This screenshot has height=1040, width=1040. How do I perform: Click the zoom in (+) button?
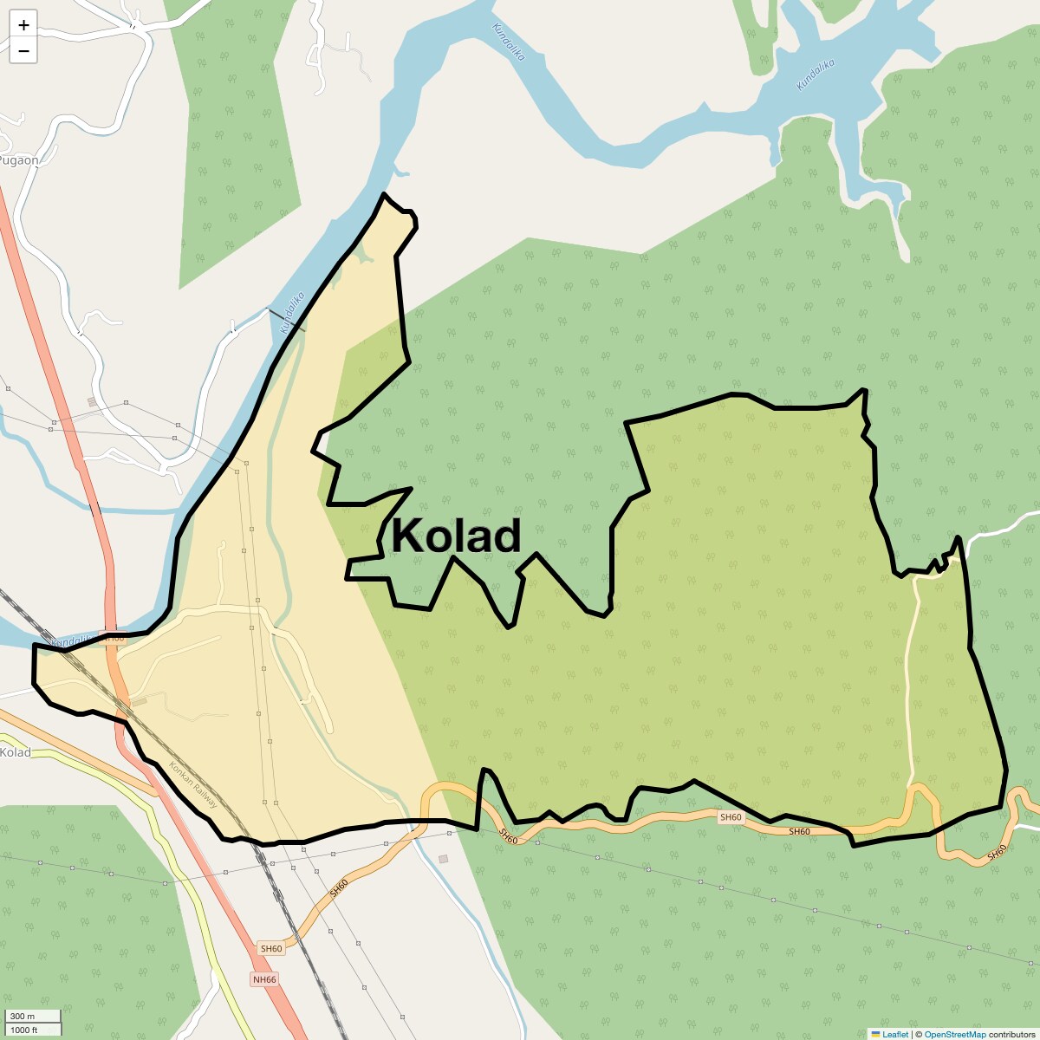pos(23,25)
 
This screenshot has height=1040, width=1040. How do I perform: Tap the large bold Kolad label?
pos(456,536)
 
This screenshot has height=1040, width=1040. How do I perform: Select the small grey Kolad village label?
pos(16,752)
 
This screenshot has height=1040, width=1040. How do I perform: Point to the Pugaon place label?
pos(19,160)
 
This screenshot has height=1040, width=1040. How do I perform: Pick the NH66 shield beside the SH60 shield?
pos(264,979)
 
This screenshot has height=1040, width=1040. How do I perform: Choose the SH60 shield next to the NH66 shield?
pos(271,949)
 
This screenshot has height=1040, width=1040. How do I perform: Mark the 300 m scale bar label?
pos(23,1017)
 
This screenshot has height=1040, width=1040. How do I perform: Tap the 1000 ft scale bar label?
pos(24,1030)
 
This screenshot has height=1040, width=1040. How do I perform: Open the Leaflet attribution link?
pos(895,1034)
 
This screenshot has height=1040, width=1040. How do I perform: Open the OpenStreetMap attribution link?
pos(954,1034)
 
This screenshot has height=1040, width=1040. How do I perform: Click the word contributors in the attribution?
pos(1011,1034)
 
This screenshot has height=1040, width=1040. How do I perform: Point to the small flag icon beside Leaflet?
pos(876,1034)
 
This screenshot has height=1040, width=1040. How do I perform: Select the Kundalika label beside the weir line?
pos(292,313)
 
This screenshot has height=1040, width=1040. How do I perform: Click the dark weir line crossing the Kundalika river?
pos(286,320)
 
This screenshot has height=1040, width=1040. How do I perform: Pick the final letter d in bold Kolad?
pos(506,536)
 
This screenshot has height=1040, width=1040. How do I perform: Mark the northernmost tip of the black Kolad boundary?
pos(384,194)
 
